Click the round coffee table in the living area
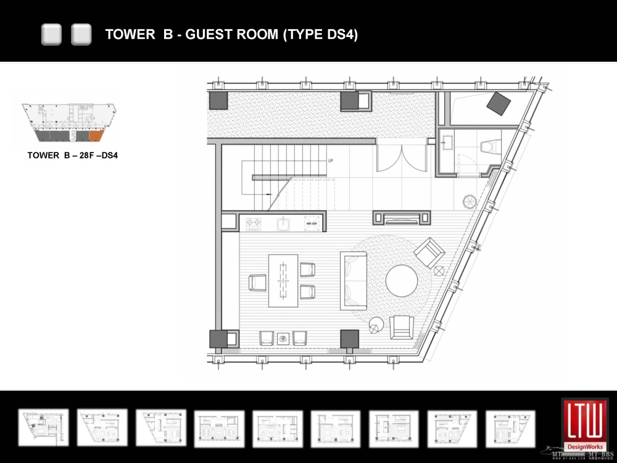pyautogui.click(x=402, y=281)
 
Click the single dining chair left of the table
pyautogui.click(x=257, y=282)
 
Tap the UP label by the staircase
pyautogui.click(x=331, y=161)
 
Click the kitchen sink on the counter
pyautogui.click(x=283, y=223)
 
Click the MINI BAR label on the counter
pyautogui.click(x=312, y=223)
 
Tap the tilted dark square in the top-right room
pyautogui.click(x=498, y=102)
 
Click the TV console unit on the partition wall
pyautogui.click(x=402, y=217)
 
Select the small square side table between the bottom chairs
pyautogui.click(x=283, y=338)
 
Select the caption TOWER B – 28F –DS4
pyautogui.click(x=72, y=156)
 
